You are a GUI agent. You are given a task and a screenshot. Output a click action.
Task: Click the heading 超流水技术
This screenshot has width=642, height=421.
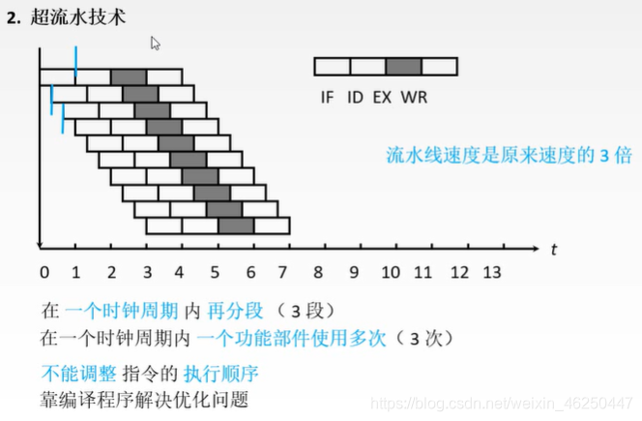(73, 17)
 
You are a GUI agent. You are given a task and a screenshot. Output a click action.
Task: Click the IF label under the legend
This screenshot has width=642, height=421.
(327, 97)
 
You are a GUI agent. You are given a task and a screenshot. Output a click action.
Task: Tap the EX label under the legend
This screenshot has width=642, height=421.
(384, 97)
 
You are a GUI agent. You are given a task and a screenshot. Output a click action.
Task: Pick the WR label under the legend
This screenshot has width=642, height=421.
(416, 97)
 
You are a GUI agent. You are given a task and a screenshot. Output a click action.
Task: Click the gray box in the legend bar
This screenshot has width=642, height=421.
(403, 67)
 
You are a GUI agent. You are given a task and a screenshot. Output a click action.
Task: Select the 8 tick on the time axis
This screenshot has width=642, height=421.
(319, 273)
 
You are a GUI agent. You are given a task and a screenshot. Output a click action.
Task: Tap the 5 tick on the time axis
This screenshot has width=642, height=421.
(215, 273)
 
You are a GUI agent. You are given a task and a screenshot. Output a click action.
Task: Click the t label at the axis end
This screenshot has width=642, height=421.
(554, 249)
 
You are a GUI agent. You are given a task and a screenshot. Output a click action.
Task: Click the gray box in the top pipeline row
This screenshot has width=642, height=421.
(129, 76)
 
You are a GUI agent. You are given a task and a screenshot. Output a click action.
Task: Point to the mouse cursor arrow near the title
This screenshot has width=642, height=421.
(155, 43)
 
